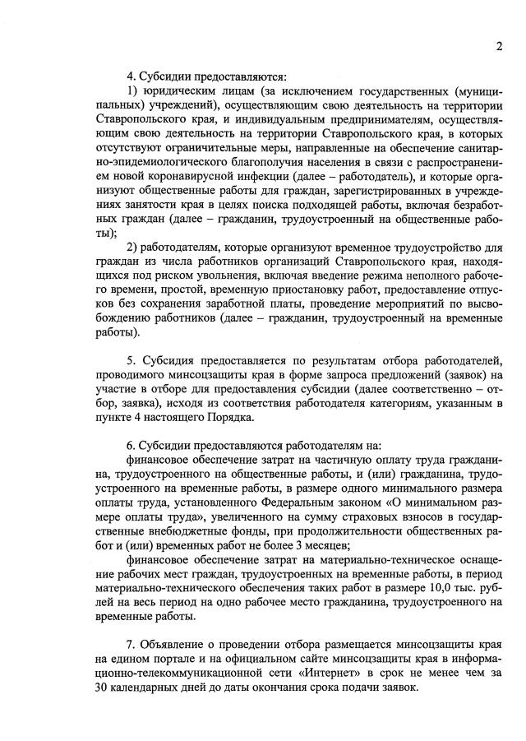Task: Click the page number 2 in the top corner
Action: pyautogui.click(x=499, y=46)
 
